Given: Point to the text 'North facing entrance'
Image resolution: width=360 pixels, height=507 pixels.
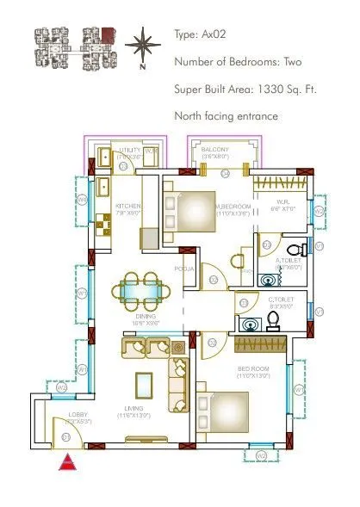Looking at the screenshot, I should [226, 114].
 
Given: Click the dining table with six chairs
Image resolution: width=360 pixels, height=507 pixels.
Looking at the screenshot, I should [138, 290].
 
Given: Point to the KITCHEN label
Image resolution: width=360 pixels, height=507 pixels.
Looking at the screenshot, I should [128, 207].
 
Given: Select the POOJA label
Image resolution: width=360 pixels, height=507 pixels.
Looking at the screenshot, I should [183, 269].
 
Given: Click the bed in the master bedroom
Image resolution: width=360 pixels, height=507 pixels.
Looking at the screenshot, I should [203, 211].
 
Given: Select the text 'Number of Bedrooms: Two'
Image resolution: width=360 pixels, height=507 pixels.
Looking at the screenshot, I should [235, 62].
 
